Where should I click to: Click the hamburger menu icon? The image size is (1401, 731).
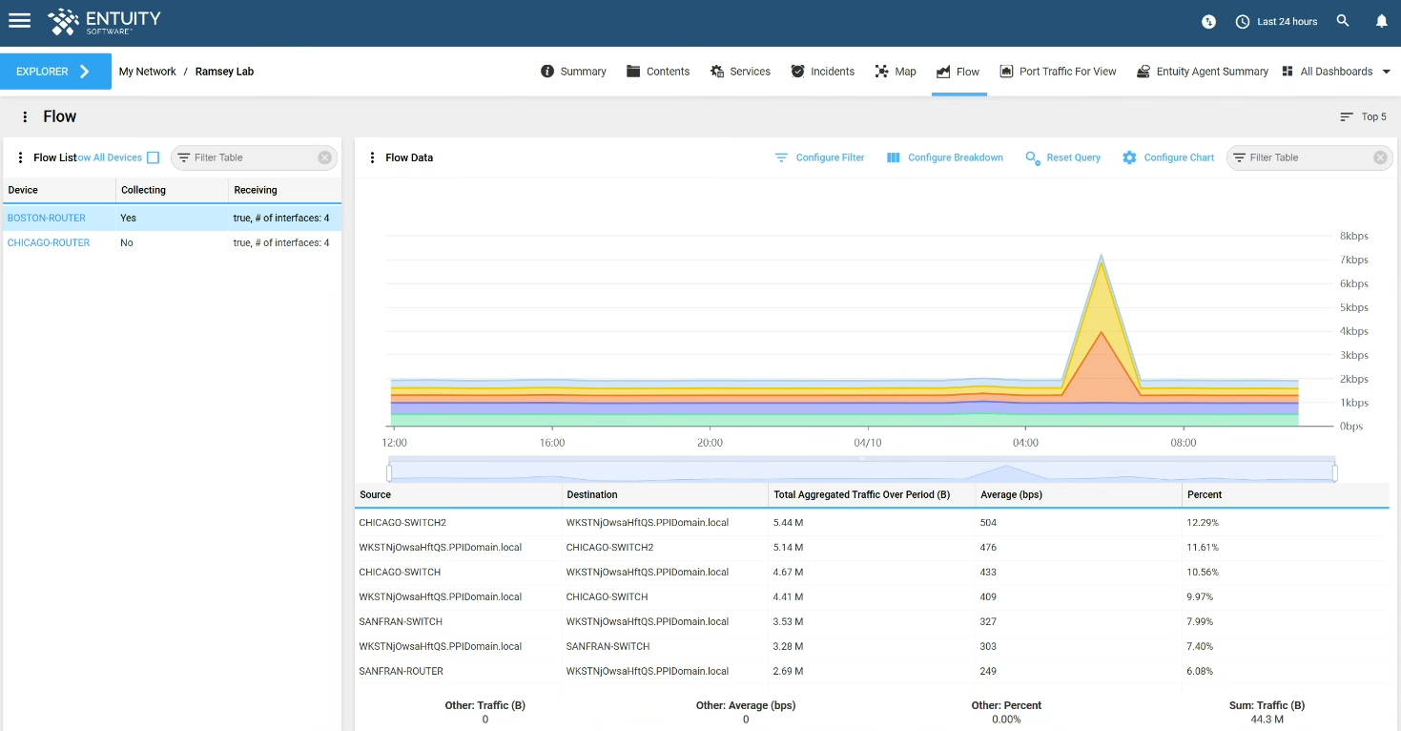tap(19, 21)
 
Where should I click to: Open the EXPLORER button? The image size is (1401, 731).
tap(55, 72)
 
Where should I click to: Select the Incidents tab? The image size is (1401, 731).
tap(822, 72)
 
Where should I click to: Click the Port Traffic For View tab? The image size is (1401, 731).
tap(1058, 72)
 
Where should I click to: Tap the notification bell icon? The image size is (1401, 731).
tap(1381, 21)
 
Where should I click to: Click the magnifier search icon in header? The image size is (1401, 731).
tap(1342, 21)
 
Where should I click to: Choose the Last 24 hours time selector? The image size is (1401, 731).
tap(1276, 21)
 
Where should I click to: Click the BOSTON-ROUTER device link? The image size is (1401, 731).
tap(47, 218)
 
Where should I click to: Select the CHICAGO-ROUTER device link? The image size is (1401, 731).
tap(48, 242)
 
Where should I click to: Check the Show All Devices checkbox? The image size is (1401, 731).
tap(154, 157)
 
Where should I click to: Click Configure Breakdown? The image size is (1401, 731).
tap(944, 157)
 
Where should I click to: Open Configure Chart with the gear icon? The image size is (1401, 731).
tap(1167, 157)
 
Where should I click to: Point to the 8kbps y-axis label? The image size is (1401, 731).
tap(1353, 236)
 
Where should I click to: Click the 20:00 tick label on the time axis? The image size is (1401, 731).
tap(710, 443)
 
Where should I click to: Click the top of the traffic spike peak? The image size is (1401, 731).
tap(1102, 255)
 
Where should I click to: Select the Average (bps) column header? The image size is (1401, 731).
tap(1011, 494)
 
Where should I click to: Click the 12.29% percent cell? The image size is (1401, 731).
tap(1203, 523)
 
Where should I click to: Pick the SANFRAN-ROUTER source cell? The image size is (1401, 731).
tap(401, 671)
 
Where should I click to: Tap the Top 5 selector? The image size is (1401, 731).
tap(1364, 116)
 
